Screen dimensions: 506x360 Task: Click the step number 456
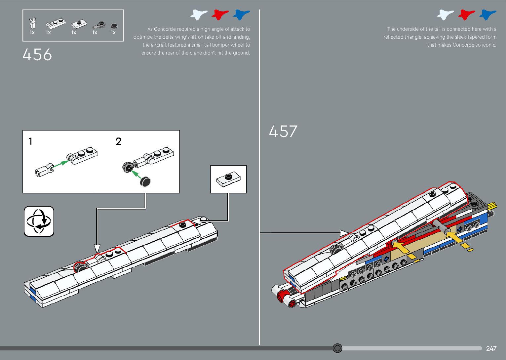tap(37, 55)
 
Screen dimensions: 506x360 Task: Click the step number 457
tap(283, 131)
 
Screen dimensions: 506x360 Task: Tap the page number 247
tap(491, 348)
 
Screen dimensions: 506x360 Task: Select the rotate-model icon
tap(39, 221)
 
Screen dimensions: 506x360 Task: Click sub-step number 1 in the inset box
tap(30, 141)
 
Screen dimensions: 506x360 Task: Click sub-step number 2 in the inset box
tap(119, 141)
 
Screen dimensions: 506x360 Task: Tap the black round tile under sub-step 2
tap(145, 181)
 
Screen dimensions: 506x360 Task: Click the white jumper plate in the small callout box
tap(228, 179)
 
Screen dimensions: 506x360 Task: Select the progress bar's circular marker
tap(337, 348)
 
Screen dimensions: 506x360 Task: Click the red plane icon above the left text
tap(220, 15)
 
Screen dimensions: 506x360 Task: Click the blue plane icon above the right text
tap(487, 15)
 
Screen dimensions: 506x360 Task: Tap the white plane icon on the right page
tap(445, 15)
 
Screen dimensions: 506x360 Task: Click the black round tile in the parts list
tap(114, 26)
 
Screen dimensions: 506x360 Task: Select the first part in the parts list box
tap(32, 23)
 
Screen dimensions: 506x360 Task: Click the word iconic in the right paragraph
tap(489, 45)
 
